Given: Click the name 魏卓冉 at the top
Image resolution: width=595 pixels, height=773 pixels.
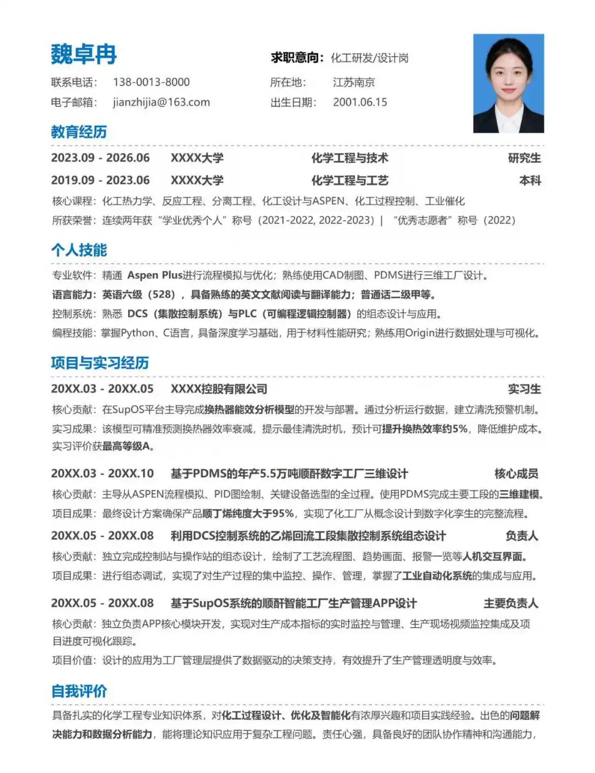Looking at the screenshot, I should coord(84,55).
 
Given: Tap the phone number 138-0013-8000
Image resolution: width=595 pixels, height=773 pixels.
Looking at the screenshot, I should coord(151,83).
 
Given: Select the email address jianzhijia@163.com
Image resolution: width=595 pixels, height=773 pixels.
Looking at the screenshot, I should coord(161,102).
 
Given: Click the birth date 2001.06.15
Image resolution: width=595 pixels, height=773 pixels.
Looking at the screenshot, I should coord(360,102).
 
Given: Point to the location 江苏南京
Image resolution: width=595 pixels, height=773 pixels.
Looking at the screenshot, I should coord(354,83).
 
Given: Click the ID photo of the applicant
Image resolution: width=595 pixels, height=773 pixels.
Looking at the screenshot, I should coord(508,83).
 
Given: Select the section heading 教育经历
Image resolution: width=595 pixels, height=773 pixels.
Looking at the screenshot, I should coord(79,132).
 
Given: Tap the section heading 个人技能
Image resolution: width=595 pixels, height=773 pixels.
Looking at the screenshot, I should coord(79,251).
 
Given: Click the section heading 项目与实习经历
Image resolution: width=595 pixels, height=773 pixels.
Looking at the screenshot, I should coord(100,363).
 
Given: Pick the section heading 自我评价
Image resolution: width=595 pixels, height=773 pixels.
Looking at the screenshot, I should coord(79,692).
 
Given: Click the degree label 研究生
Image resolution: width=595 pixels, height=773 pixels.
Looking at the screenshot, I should coord(524,159).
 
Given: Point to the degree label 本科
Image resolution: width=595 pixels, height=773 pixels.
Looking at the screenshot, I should coord(530,181).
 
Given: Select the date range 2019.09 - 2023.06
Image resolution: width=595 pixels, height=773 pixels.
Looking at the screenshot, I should coord(100,181).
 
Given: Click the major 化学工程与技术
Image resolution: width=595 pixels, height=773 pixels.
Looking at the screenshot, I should coord(350,159).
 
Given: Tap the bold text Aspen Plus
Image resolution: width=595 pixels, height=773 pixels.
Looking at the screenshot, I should coord(155,275).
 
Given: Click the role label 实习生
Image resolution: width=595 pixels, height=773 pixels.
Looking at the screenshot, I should coord(524,389).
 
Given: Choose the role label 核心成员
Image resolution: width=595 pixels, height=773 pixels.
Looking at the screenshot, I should coord(516,474).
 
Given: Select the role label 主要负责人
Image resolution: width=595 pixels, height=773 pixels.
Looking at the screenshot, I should coord(511,604).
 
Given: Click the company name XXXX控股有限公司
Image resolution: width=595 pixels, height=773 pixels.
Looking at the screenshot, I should coord(219,389).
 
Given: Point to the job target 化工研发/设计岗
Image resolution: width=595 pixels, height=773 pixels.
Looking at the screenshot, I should coord(369,58).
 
